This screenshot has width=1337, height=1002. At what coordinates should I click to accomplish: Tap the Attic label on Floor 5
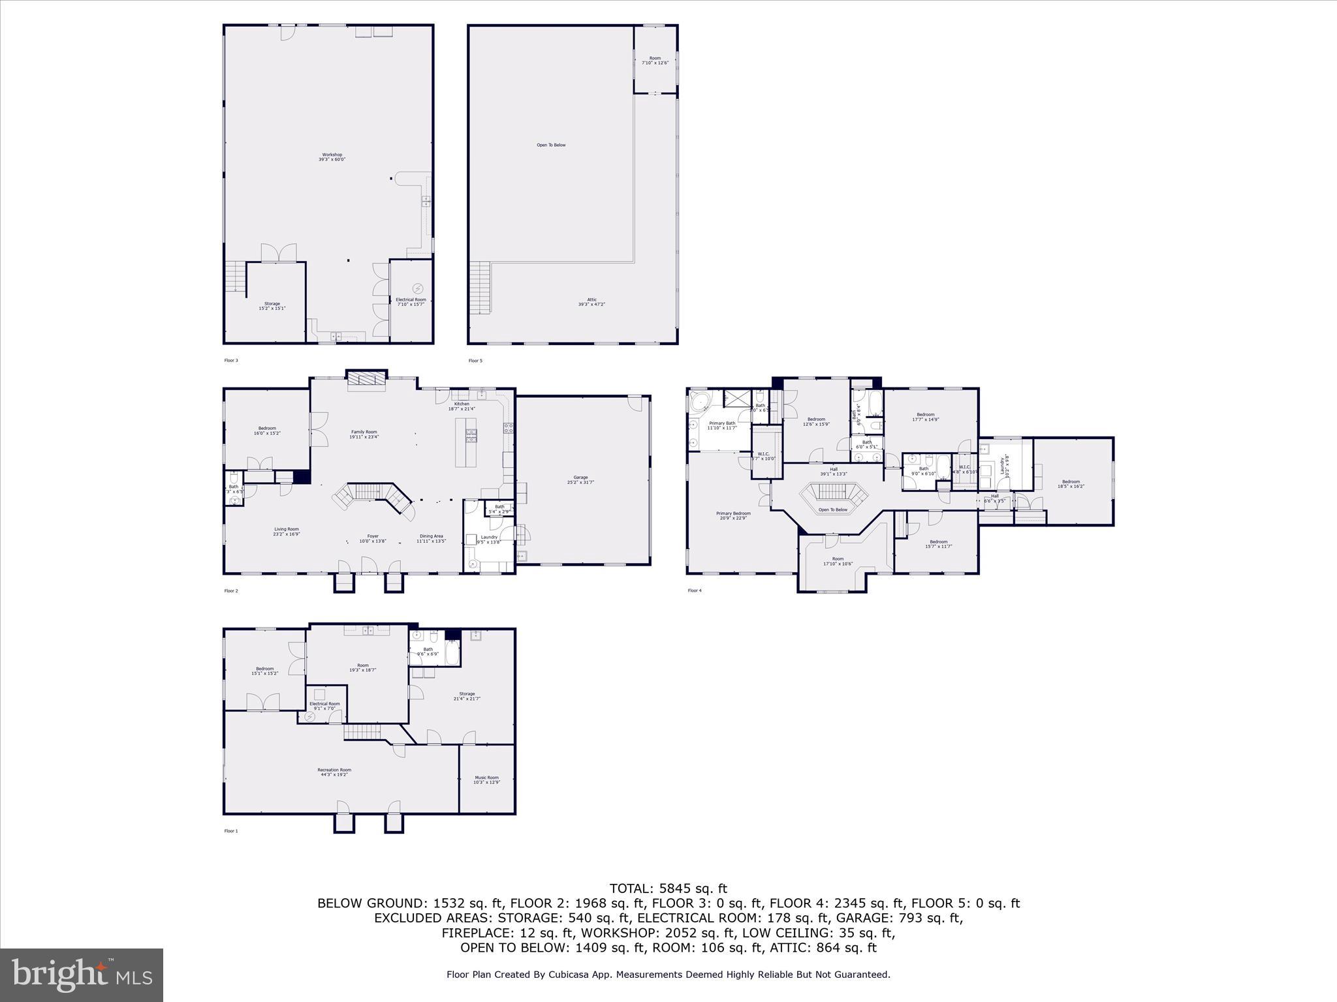point(591,301)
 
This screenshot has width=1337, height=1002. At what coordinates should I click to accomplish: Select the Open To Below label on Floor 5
point(551,145)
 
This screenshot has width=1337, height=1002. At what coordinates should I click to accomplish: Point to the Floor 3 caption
point(231,360)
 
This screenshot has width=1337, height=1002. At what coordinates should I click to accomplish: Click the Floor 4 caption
point(695,590)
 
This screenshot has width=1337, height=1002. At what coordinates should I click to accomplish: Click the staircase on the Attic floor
point(480,287)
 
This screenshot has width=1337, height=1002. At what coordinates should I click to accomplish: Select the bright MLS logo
point(82,975)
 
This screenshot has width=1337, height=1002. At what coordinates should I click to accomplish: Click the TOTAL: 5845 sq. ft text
point(668,888)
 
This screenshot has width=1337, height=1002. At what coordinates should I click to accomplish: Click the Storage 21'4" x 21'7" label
point(467,696)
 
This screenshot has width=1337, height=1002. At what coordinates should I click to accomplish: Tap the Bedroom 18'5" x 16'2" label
point(1071,483)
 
